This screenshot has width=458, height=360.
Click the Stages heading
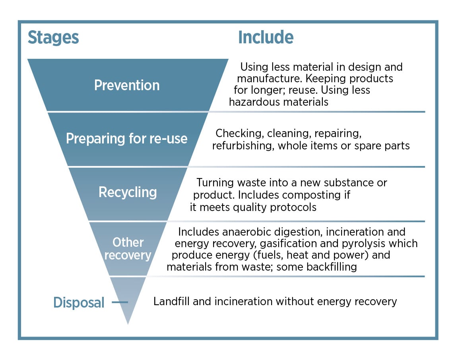[x=53, y=38]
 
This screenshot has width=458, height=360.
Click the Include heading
[x=266, y=38]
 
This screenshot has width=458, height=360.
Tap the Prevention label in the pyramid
[x=127, y=85]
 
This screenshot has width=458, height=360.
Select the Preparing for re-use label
[x=126, y=139]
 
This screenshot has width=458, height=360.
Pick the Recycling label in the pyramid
[x=128, y=192]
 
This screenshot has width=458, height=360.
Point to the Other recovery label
[x=128, y=248]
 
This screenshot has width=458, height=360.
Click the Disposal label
[x=79, y=303]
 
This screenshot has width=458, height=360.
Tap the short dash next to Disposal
[x=120, y=303]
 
